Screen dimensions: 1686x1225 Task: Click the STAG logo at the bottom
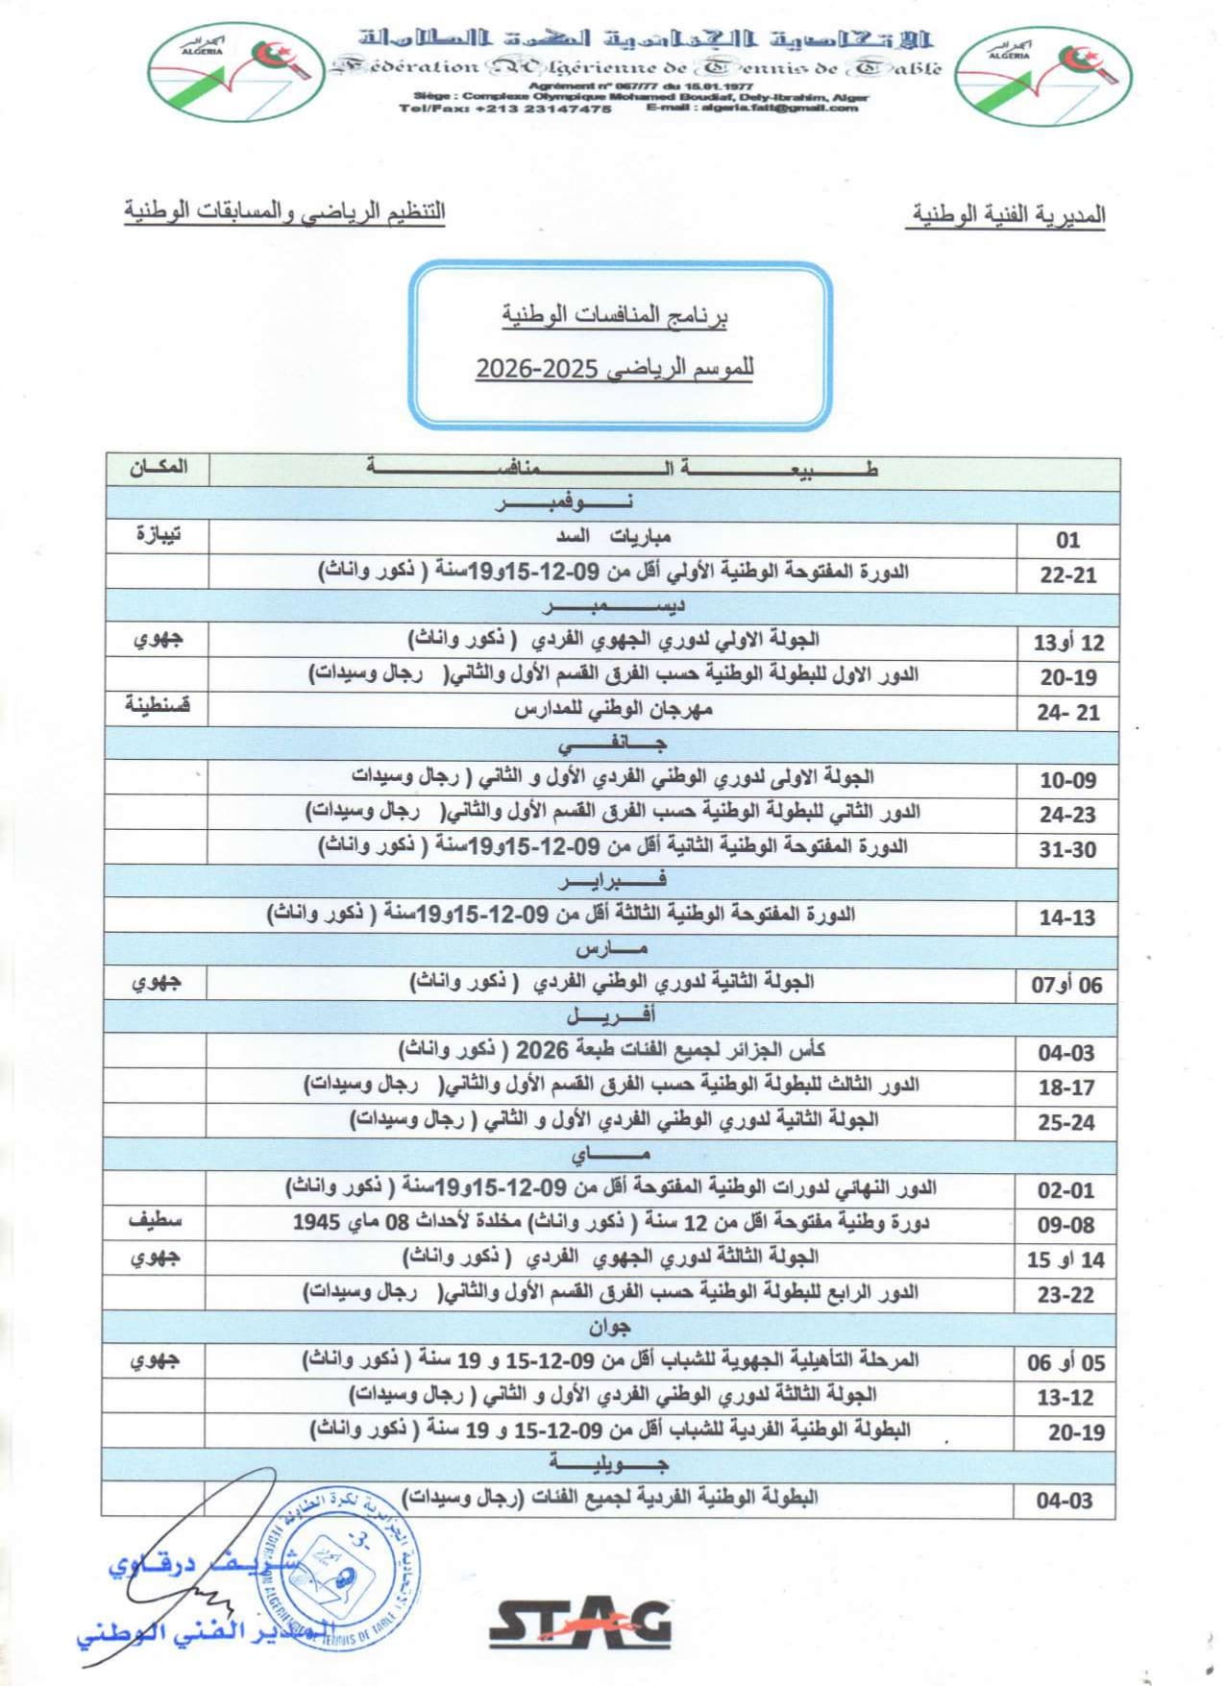579,1624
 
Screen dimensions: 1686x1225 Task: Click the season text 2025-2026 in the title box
615,369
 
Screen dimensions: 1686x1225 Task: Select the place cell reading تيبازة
159,536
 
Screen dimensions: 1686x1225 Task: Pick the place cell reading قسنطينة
158,708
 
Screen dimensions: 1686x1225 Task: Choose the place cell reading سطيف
156,1222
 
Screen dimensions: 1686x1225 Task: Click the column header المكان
159,468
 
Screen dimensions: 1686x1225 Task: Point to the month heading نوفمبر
564,503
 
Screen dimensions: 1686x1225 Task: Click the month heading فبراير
612,880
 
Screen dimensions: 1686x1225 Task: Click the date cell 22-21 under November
1067,574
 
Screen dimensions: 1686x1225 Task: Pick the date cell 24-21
1067,713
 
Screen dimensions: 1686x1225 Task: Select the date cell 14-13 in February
1066,917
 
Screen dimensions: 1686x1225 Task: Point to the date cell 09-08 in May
1066,1225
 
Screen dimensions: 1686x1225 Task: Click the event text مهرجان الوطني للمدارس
613,711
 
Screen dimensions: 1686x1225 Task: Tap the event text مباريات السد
613,538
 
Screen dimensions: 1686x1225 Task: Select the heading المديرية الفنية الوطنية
1006,214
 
